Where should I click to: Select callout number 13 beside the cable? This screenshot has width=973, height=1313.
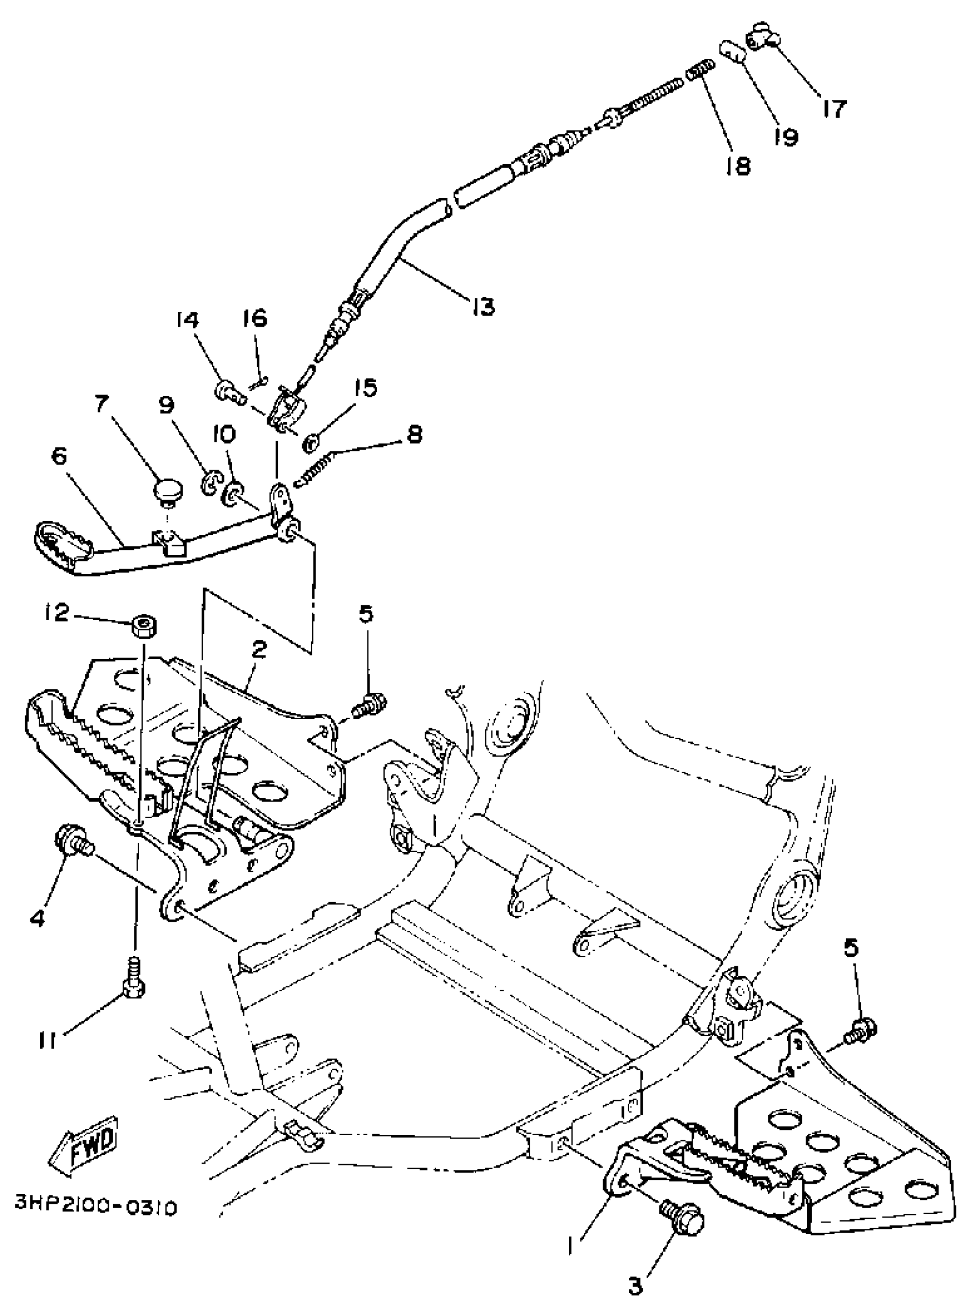coord(482,306)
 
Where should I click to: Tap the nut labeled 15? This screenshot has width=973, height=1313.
coord(310,443)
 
